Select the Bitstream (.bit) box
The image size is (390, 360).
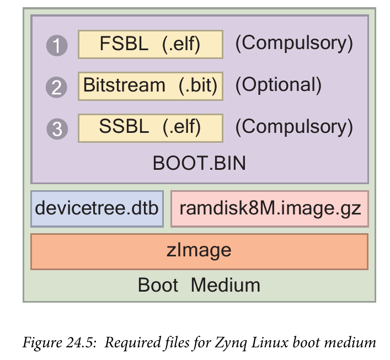[151, 85]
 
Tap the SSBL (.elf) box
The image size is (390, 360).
[151, 127]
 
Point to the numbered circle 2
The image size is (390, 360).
[56, 87]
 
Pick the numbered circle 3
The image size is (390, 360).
[56, 129]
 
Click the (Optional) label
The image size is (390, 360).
[278, 85]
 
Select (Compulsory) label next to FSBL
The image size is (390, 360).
[293, 44]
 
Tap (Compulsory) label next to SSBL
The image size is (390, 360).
[293, 127]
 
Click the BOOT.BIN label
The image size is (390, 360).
[199, 164]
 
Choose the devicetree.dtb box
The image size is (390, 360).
[97, 209]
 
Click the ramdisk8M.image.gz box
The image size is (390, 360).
[269, 209]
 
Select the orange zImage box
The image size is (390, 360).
[199, 251]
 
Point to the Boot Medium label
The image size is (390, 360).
[199, 285]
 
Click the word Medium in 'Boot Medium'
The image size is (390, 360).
[226, 285]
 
